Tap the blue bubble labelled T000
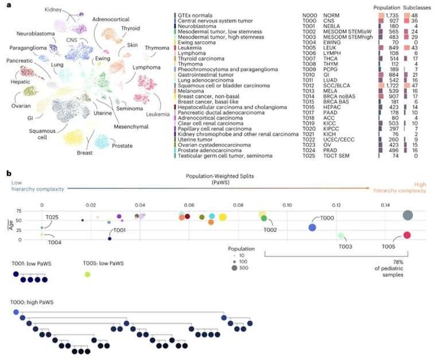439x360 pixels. [x=312, y=227]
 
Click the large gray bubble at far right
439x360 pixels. [x=407, y=215]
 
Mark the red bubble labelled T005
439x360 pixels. [x=407, y=235]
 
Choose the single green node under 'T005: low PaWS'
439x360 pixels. [x=87, y=275]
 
